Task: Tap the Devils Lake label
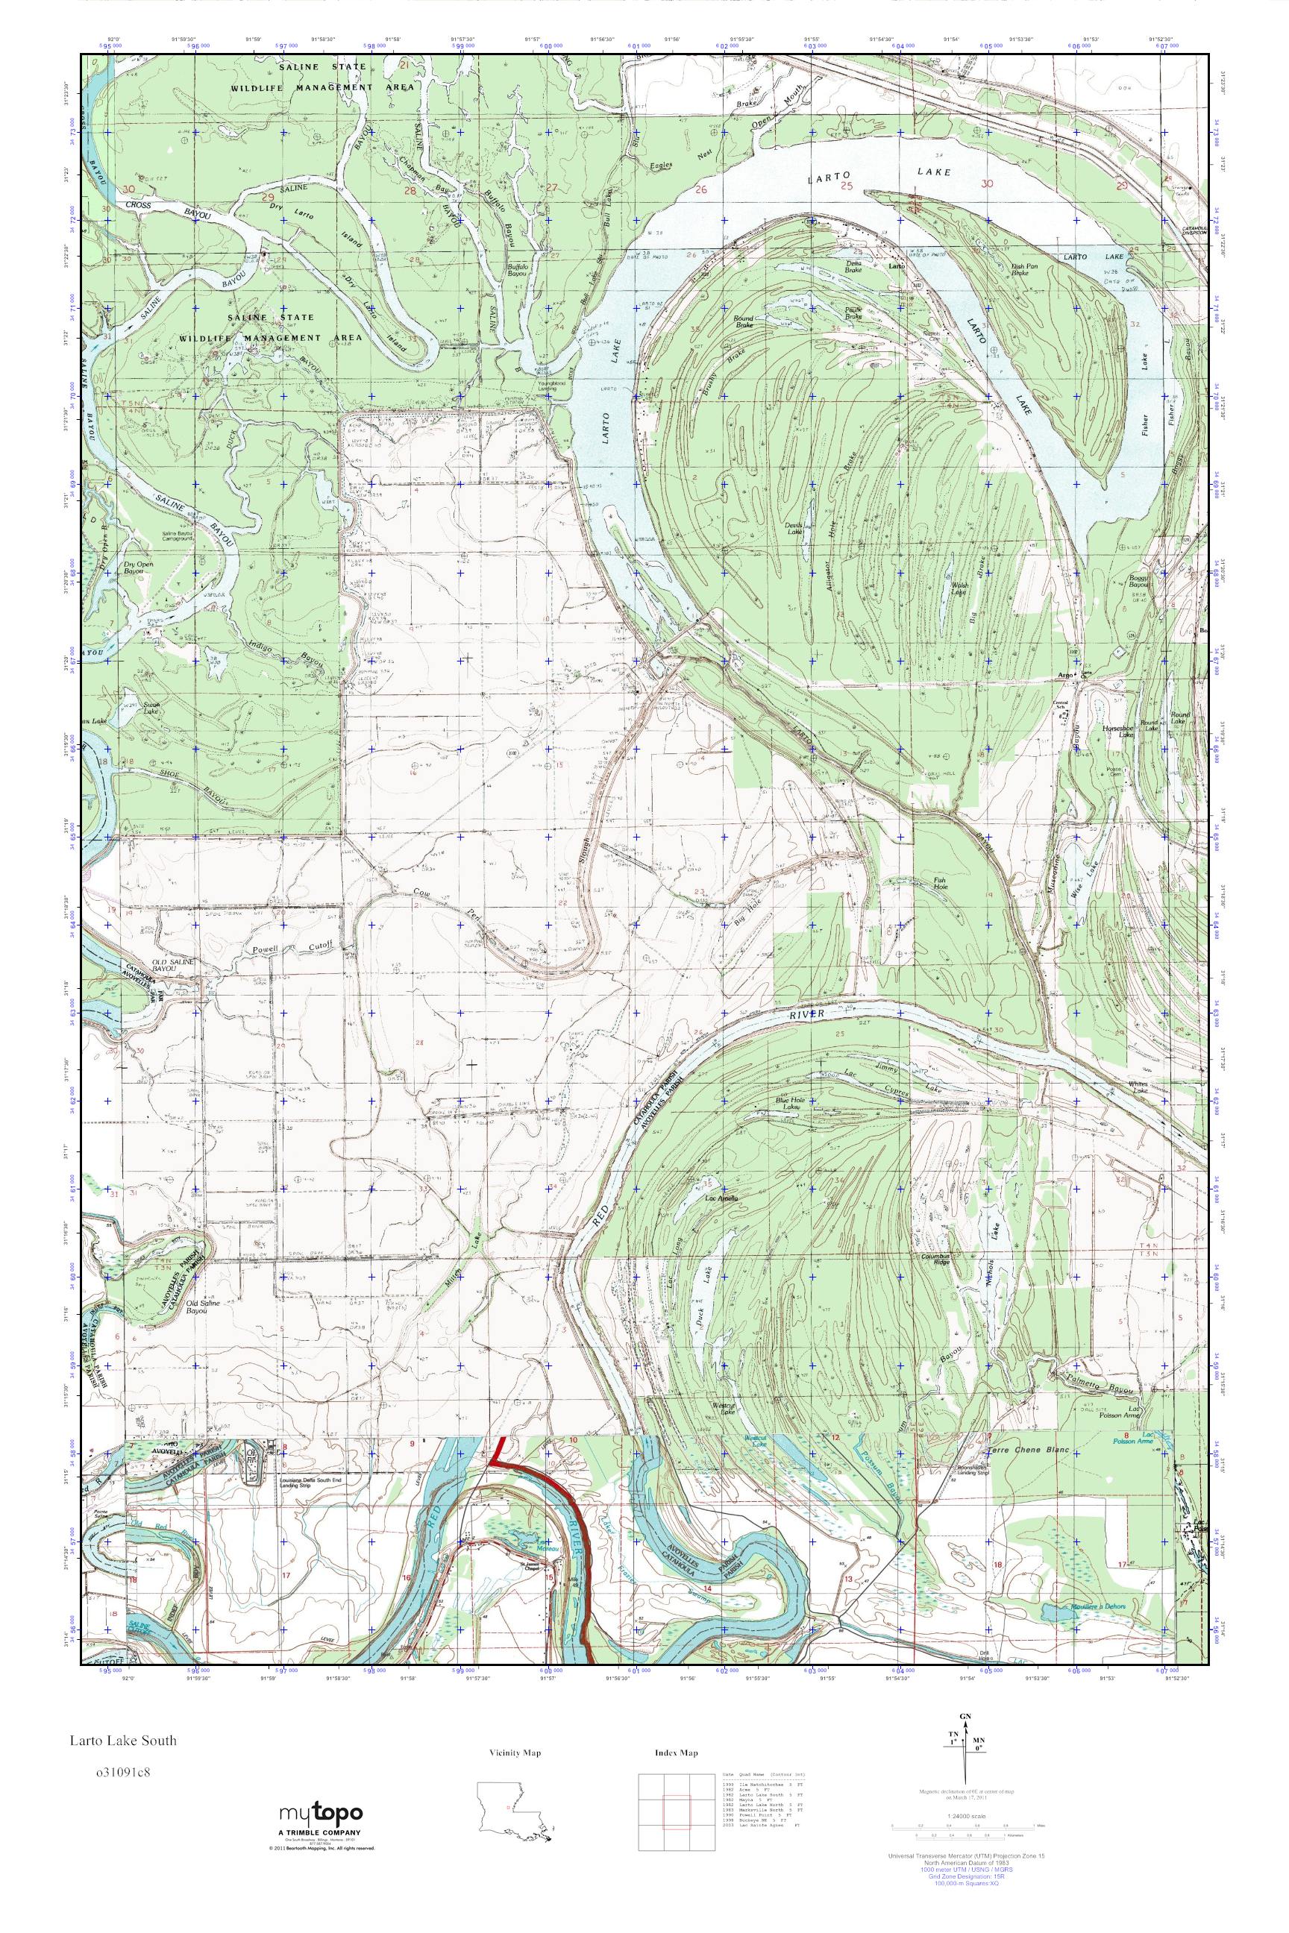[793, 532]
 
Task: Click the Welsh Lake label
[959, 588]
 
